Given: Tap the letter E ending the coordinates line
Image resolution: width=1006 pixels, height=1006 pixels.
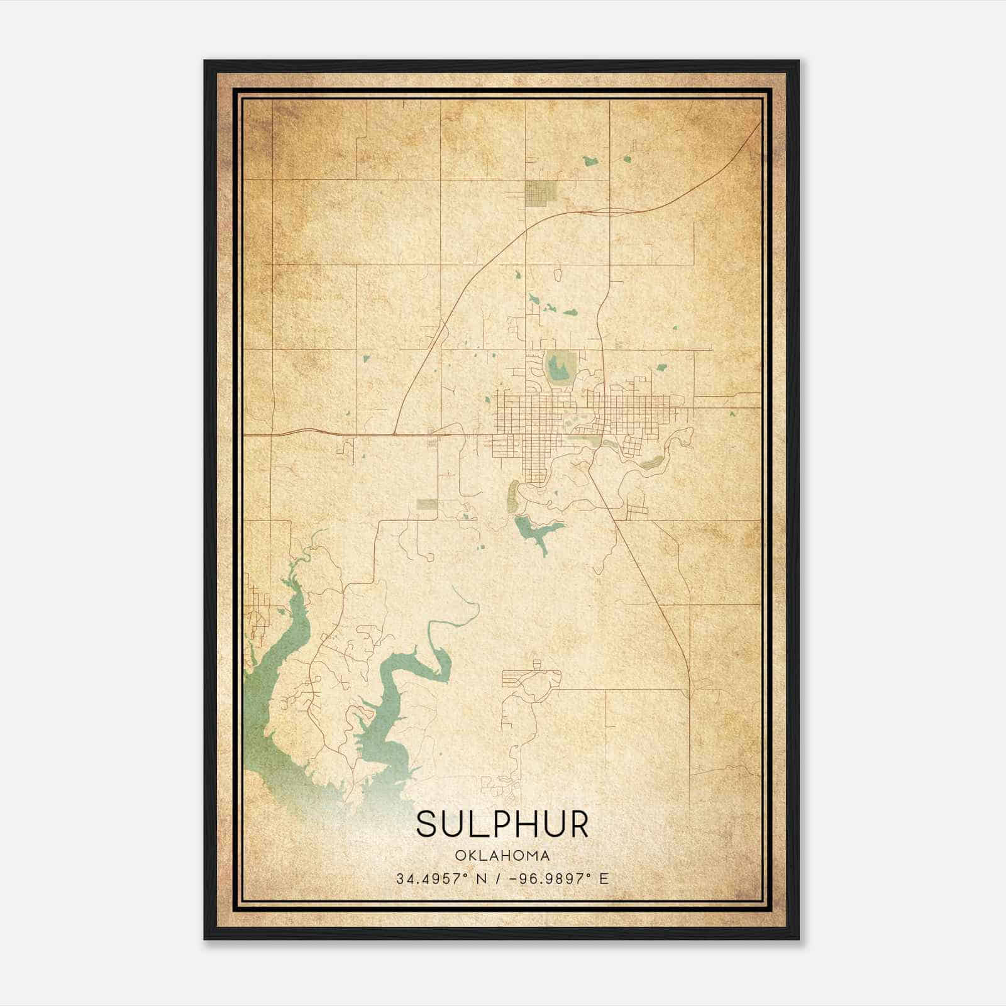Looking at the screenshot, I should click(x=604, y=878).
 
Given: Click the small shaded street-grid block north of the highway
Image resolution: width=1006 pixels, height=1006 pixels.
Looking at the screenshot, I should click(x=539, y=192).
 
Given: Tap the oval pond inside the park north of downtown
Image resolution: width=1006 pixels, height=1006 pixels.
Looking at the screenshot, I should click(x=557, y=367).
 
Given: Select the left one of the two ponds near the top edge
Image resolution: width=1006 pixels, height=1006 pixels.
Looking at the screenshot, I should click(x=590, y=162).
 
